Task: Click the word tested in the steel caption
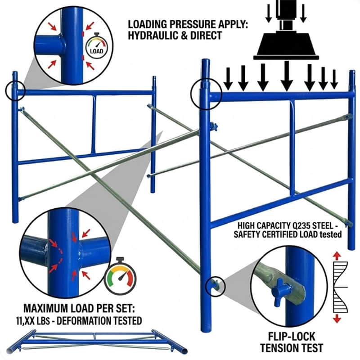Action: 331,234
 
